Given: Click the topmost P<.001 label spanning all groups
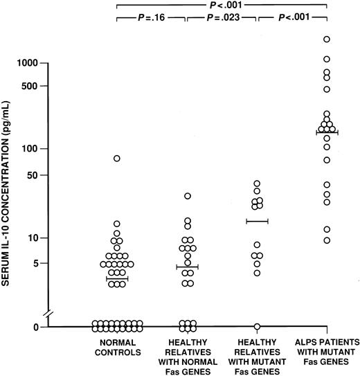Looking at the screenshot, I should click(222, 4).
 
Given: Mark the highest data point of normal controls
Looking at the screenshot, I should click(117, 159).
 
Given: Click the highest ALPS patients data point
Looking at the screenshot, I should click(327, 39).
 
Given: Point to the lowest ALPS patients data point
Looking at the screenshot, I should click(327, 240).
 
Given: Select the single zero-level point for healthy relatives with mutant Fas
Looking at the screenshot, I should click(257, 326).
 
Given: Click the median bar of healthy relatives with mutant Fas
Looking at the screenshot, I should click(257, 221).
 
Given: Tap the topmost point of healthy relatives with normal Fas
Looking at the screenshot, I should click(187, 196).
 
